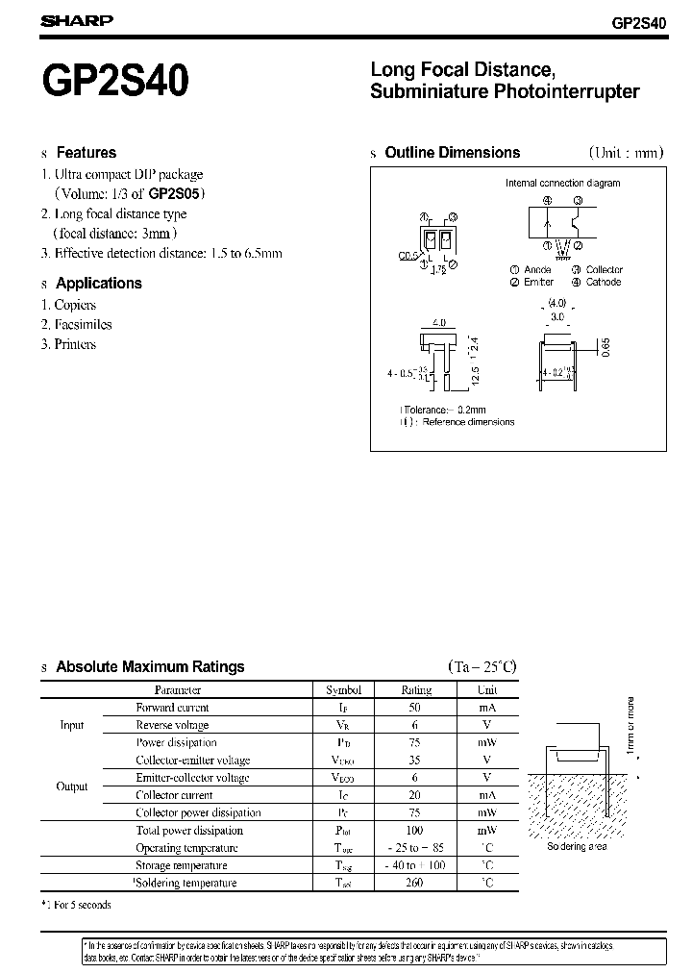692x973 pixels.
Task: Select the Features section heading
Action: tap(86, 152)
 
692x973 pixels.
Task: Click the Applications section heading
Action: tap(98, 283)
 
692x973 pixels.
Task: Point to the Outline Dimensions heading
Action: tap(452, 152)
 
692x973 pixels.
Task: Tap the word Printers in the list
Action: tap(75, 344)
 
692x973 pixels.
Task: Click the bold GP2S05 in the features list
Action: tap(174, 193)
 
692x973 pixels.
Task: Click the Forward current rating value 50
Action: tap(416, 708)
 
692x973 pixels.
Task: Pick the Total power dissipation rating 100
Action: tap(416, 830)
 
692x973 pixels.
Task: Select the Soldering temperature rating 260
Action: tap(416, 883)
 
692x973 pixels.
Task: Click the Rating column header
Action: tap(416, 689)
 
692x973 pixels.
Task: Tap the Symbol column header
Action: tap(343, 689)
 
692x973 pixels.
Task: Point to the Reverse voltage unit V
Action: tap(487, 725)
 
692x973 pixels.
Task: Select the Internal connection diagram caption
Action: tap(562, 183)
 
